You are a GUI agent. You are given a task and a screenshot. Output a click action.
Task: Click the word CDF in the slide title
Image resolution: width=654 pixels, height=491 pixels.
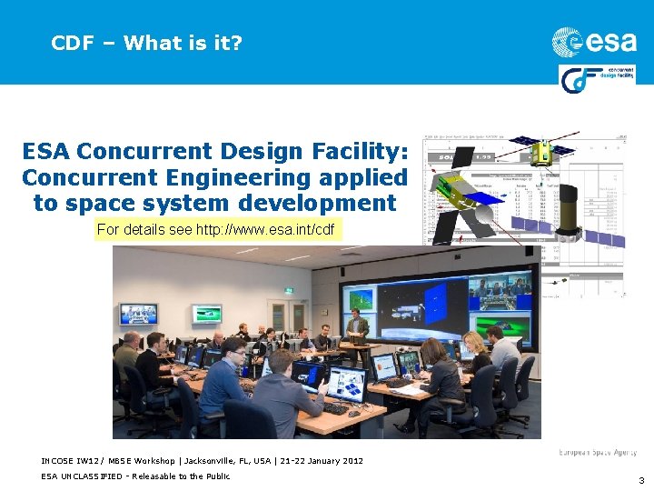click(x=73, y=43)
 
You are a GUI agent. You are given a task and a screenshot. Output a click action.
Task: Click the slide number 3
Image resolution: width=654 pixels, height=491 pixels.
click(x=640, y=479)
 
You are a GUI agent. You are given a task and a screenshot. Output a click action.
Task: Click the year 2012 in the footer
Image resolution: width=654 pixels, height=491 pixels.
click(x=352, y=461)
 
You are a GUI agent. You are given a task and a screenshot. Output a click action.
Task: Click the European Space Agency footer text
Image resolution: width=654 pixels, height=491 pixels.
click(x=597, y=452)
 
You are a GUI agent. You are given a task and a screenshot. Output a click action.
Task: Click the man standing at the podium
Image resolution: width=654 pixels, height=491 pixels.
click(x=357, y=326)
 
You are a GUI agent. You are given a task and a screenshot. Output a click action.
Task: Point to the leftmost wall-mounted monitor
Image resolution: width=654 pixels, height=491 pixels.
click(x=138, y=314)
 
